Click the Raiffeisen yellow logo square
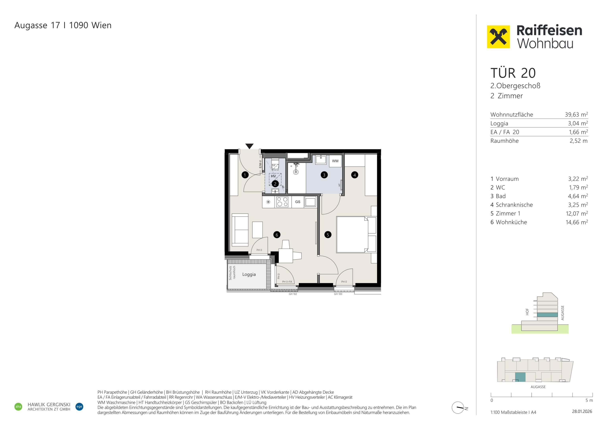pos(498,37)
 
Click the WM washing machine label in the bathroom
pos(335,161)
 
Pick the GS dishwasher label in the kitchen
pos(298,202)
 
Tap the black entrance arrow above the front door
pos(249,146)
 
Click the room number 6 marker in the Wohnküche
pos(277,235)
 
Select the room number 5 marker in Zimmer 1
pos(328,235)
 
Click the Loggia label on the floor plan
pos(249,274)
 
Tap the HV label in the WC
pos(273,176)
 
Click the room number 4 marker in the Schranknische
pos(354,175)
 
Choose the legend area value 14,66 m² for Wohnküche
pos(577,222)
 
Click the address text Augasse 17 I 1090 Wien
pos(63,25)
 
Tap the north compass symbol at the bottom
pos(458,408)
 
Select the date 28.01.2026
pos(582,411)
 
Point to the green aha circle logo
pos(18,407)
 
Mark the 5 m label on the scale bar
pos(589,400)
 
